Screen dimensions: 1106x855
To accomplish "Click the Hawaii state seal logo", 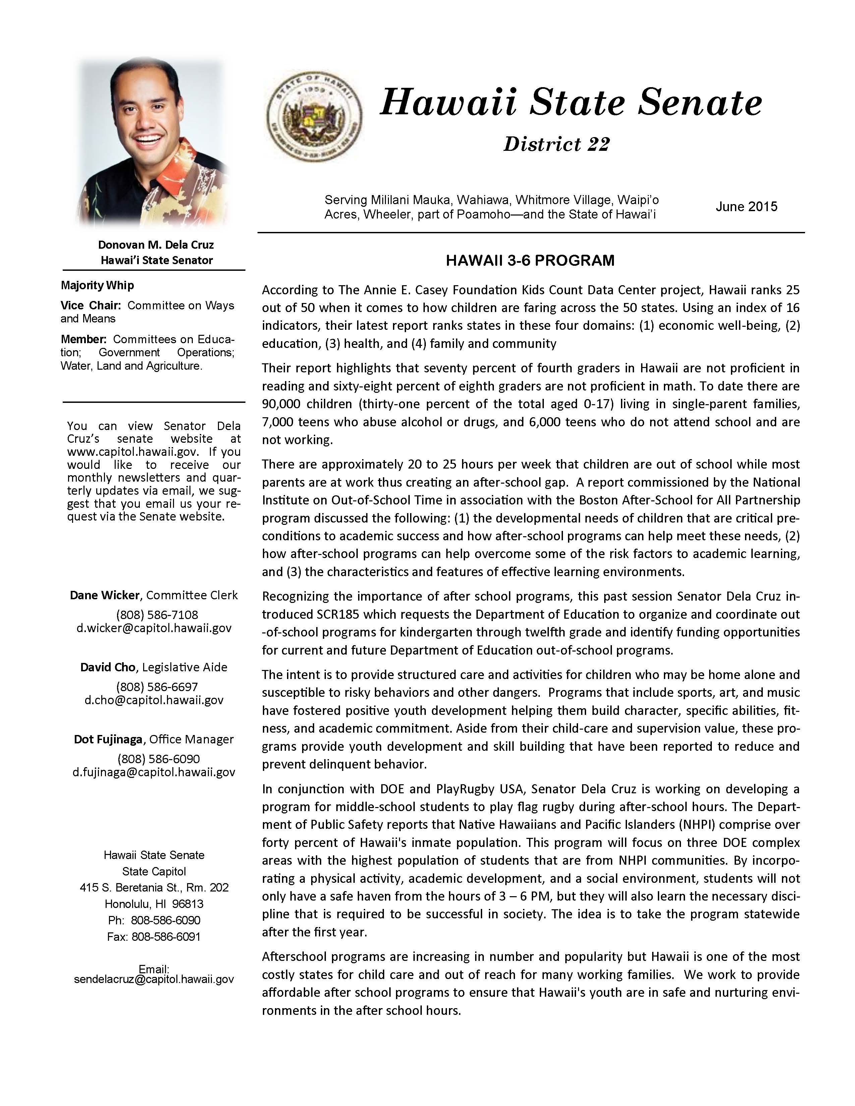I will click(x=314, y=116).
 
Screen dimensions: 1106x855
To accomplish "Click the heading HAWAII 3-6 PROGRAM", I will click(x=530, y=261).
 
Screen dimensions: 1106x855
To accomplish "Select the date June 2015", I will click(x=746, y=206).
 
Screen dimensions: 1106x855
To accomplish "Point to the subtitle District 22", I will click(x=556, y=145).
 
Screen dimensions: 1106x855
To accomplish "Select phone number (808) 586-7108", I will click(x=157, y=615).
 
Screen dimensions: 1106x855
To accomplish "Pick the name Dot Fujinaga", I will click(x=108, y=739).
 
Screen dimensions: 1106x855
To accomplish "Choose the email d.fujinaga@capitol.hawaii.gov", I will click(x=154, y=772).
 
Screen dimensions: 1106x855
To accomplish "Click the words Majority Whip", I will click(x=97, y=286).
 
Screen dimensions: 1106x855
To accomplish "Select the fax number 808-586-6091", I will click(x=166, y=937).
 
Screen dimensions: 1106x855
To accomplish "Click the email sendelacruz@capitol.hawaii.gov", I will click(x=154, y=979).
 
